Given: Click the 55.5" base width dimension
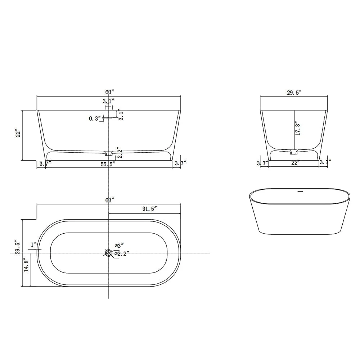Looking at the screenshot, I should (x=108, y=164).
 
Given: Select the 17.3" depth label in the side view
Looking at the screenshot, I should (x=297, y=129).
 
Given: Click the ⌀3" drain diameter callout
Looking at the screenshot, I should (x=119, y=246).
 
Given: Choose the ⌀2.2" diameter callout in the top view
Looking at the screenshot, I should (x=122, y=254).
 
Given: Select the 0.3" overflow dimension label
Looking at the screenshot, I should (x=95, y=118).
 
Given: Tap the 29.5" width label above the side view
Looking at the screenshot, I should (x=294, y=93).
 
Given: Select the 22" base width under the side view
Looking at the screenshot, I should (x=295, y=163).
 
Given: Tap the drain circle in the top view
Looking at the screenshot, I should (x=109, y=253).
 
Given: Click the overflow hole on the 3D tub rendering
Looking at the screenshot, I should (x=300, y=192).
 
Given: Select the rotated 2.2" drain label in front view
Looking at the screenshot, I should (x=120, y=153).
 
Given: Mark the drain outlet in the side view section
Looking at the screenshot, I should (x=294, y=150).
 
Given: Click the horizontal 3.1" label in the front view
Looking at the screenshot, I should (x=108, y=101).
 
